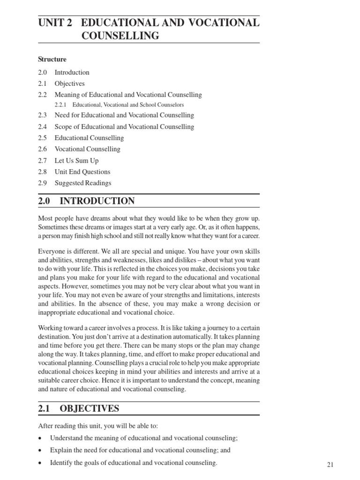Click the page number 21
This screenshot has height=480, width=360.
click(330, 465)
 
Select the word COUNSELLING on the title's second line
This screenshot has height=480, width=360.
click(120, 36)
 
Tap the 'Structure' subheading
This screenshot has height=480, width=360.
click(52, 60)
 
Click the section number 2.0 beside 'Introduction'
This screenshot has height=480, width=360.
click(43, 72)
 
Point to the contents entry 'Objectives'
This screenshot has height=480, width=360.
click(69, 83)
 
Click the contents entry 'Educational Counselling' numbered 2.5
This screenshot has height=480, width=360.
click(89, 138)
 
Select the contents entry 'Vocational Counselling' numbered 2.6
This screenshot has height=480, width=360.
click(87, 149)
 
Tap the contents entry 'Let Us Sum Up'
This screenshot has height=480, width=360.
click(76, 160)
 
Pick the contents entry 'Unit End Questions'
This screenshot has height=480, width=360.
click(82, 172)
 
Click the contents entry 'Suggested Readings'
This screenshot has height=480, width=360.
click(83, 183)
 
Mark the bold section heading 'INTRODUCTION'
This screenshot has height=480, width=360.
click(97, 201)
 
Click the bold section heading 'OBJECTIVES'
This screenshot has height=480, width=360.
click(90, 409)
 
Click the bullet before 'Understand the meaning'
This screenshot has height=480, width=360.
click(41, 438)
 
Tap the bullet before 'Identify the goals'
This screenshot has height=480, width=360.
click(41, 464)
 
